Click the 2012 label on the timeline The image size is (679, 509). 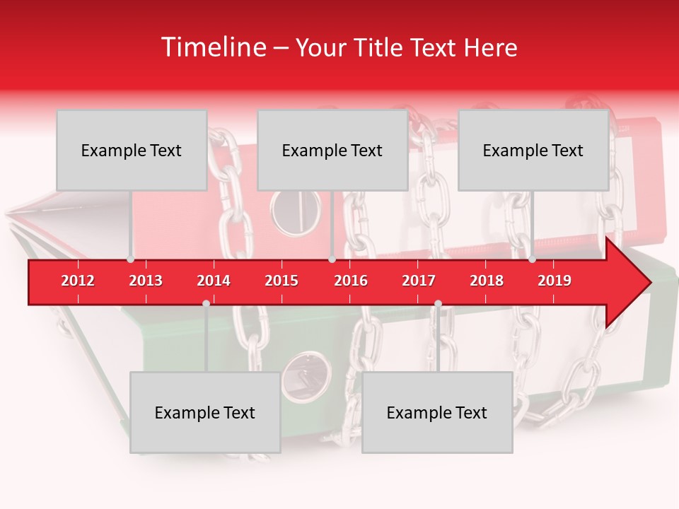pos(78,281)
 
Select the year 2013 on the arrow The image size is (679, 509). pos(146,281)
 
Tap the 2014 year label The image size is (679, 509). pos(214,281)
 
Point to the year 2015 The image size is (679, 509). pos(282,281)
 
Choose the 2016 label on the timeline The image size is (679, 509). pos(351,281)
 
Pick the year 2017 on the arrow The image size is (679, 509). pos(419,281)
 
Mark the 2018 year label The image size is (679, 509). pos(487,281)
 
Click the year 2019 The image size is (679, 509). pos(555,281)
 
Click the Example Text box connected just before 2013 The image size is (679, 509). pos(132,150)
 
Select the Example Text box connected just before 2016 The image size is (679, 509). pos(332,150)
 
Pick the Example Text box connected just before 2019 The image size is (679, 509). pos(533,150)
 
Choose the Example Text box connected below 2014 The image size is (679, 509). pos(205,412)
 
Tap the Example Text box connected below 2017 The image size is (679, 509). pos(437,412)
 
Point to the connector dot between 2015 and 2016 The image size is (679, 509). pos(332,259)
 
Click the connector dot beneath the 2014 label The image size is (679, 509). pos(206,303)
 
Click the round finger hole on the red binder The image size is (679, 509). pos(296,212)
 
